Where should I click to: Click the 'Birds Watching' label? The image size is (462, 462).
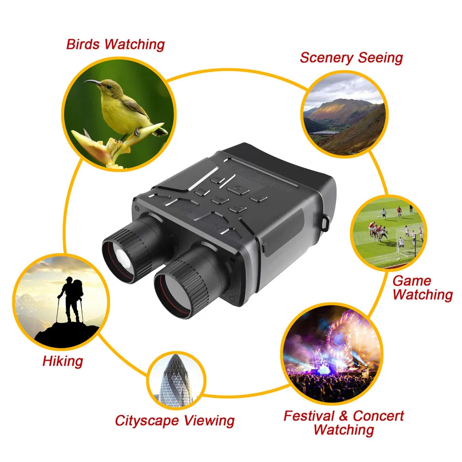tap(115, 44)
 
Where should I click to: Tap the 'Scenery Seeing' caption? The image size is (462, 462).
tap(351, 58)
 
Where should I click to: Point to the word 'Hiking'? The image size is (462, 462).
tap(63, 361)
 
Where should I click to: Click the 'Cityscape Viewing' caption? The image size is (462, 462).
tap(174, 420)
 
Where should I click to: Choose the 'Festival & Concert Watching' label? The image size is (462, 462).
tap(344, 422)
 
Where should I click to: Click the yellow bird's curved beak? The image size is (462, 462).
tap(92, 82)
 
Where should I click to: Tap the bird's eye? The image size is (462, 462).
tap(109, 85)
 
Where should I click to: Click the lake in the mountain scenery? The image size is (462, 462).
tap(323, 132)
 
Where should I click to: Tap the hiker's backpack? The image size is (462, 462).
tap(77, 288)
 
